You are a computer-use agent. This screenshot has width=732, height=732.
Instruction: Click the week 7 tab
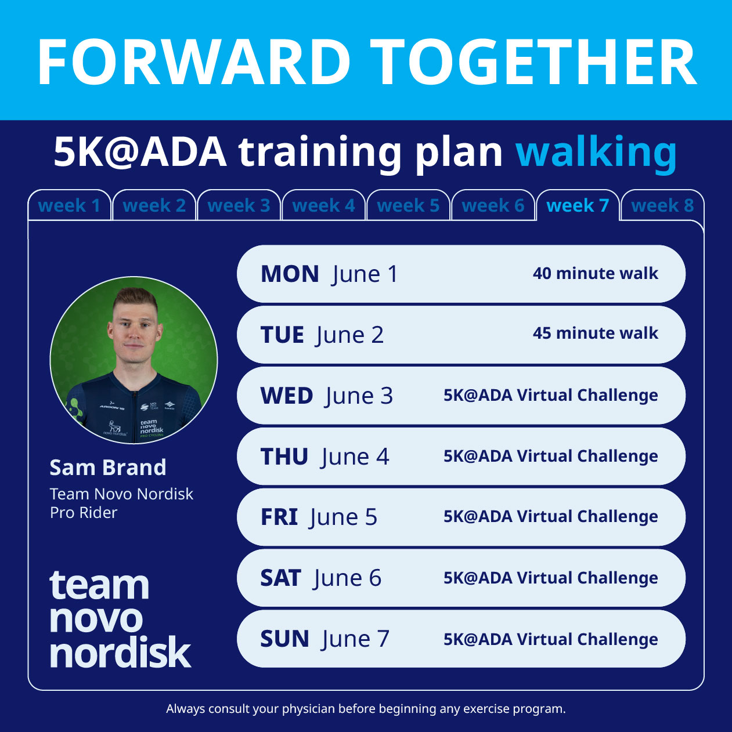click(x=578, y=205)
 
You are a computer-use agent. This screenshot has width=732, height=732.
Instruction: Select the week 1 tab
click(x=69, y=205)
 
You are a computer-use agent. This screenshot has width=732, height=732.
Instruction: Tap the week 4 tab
click(x=323, y=205)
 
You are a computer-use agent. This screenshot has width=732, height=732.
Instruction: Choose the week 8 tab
click(x=662, y=205)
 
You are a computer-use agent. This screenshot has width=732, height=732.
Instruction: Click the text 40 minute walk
click(x=595, y=273)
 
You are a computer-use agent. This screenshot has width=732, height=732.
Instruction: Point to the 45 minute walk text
click(x=595, y=333)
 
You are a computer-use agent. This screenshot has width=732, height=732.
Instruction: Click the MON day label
click(x=290, y=274)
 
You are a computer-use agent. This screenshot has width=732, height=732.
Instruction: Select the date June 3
click(x=359, y=396)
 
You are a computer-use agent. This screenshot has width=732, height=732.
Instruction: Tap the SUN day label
click(x=284, y=639)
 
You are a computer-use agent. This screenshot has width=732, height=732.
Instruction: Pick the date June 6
click(x=348, y=578)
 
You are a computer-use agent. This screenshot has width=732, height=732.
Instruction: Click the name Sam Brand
click(x=108, y=468)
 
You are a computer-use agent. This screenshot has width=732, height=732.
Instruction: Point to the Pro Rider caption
click(x=84, y=513)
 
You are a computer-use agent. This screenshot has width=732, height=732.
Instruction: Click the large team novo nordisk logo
click(x=120, y=619)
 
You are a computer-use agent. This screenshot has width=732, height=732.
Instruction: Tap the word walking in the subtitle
click(x=596, y=152)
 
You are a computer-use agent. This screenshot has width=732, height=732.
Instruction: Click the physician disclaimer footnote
click(x=366, y=709)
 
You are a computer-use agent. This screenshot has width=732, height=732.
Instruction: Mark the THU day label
click(x=284, y=457)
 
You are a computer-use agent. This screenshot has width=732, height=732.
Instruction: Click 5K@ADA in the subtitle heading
click(x=140, y=152)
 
